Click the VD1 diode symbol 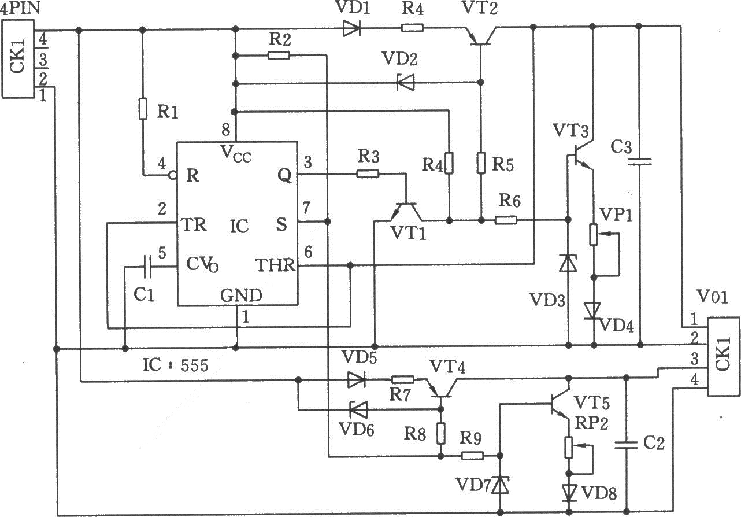click(351, 28)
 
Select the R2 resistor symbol click(279, 56)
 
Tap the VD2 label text click(400, 59)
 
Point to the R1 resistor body click(143, 108)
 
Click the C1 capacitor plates click(147, 267)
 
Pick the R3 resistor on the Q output click(368, 173)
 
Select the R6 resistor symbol click(506, 220)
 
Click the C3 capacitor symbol click(639, 161)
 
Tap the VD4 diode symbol click(594, 311)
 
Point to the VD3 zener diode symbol click(568, 264)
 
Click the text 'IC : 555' click(176, 365)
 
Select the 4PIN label click(20, 8)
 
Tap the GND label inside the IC click(241, 296)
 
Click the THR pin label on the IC click(275, 265)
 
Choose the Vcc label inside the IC click(236, 154)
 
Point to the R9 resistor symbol click(472, 456)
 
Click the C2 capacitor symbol click(626, 445)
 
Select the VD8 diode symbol click(569, 493)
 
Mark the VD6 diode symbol click(358, 410)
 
